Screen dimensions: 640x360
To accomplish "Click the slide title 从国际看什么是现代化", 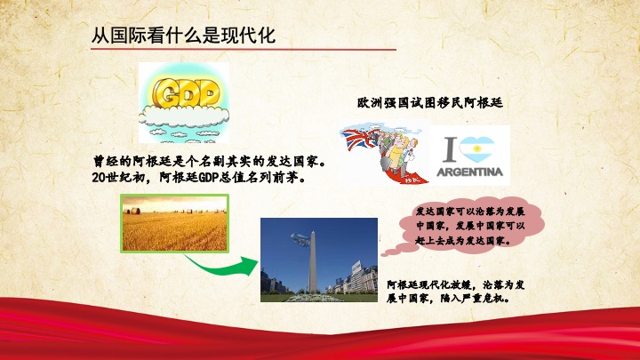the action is click(183, 35).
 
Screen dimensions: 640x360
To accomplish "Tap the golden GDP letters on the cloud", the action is click(186, 93).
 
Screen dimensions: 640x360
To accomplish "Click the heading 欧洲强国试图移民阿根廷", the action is click(430, 102).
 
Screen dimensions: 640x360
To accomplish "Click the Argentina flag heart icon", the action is click(476, 149).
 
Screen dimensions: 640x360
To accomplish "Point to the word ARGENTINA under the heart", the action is click(470, 172).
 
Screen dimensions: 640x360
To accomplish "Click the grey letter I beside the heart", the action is click(450, 149).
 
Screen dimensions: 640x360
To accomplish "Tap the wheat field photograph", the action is click(175, 223).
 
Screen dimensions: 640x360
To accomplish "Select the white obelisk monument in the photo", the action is click(312, 262).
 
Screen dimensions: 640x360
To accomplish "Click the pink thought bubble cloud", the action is click(469, 225).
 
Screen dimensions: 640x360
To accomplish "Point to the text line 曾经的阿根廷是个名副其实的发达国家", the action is click(210, 162).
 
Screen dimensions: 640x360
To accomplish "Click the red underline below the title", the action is click(244, 50).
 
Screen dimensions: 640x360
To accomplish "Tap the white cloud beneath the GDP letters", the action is click(184, 115).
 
